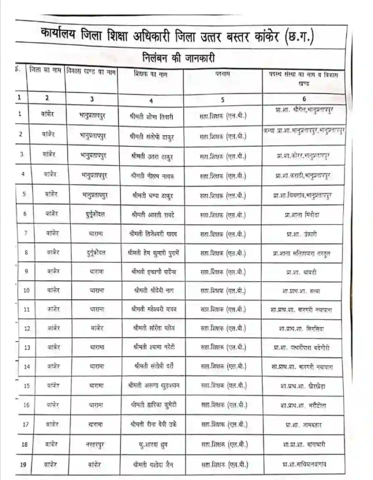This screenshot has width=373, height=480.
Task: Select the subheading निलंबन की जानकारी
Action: coord(179,58)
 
